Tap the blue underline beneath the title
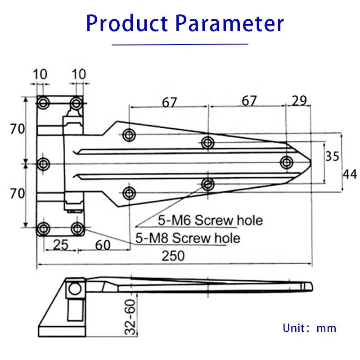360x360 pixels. coord(180,44)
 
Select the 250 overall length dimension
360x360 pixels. coord(173,256)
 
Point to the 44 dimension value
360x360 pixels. coord(351,174)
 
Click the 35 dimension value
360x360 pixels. coord(333,156)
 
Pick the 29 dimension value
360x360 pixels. coord(299,100)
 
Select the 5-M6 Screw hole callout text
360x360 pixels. coord(210,220)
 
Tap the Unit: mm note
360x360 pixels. coord(310,328)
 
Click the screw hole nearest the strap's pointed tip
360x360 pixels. coord(286,162)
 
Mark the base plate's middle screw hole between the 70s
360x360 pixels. coord(43,164)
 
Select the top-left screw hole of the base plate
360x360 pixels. coord(43,103)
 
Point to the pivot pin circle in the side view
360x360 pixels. coord(75,288)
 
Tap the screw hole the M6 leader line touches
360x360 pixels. coord(207,184)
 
